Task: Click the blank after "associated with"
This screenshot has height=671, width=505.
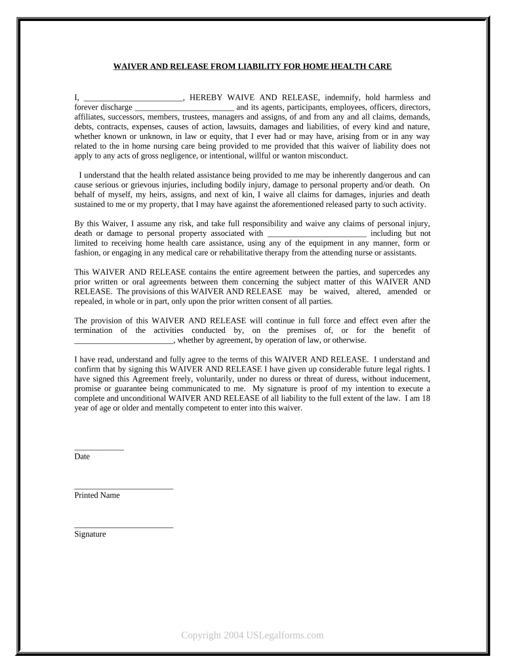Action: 317,233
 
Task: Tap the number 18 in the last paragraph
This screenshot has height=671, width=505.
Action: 426,398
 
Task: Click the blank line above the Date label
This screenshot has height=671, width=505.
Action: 99,449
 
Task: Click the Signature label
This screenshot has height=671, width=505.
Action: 90,534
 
